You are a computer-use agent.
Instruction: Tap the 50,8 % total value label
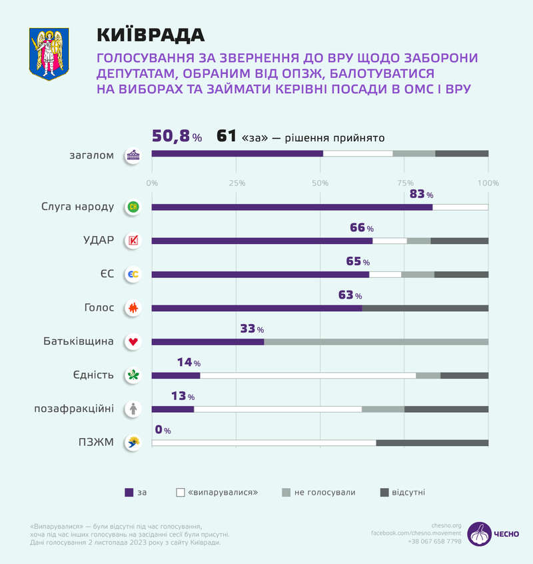tap(177, 137)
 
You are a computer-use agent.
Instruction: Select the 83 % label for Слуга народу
tap(420, 194)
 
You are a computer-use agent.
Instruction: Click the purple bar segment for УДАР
tap(262, 241)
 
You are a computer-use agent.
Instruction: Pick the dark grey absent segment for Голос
tap(425, 308)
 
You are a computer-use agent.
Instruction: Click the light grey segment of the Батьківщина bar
tap(376, 341)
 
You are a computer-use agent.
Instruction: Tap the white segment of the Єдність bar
tap(308, 375)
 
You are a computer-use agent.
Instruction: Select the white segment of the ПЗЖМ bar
tap(264, 443)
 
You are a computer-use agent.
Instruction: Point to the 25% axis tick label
tap(236, 183)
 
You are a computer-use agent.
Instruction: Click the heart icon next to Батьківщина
tap(133, 341)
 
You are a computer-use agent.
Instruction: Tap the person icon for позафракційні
tap(133, 409)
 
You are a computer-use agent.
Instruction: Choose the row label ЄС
tap(107, 274)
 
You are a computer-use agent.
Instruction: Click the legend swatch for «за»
tap(129, 493)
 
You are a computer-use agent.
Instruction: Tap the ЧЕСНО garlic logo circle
tap(478, 534)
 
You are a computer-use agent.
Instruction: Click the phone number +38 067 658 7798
tap(434, 541)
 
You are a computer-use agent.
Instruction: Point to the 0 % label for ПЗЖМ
tap(163, 430)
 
